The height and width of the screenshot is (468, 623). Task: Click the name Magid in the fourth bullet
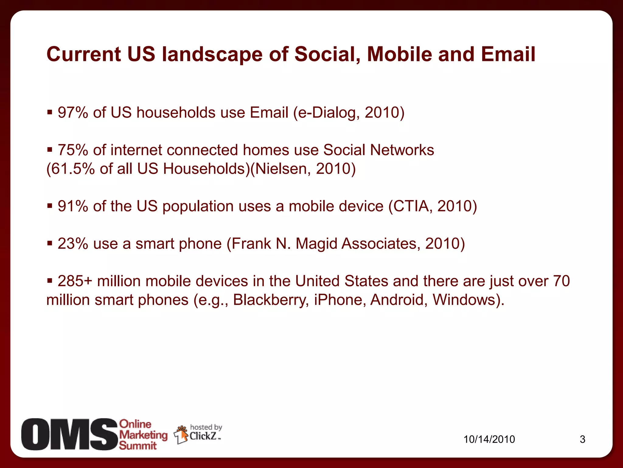pos(316,244)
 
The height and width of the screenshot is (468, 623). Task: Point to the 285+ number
pos(75,281)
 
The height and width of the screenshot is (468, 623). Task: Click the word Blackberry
pos(270,300)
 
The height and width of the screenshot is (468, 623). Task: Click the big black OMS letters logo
pos(69,434)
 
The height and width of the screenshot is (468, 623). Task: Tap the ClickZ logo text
pos(203,436)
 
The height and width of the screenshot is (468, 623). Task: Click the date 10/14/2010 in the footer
pos(489,439)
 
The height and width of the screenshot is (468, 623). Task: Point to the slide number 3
pos(582,439)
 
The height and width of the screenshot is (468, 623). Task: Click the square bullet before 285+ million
pos(50,280)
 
